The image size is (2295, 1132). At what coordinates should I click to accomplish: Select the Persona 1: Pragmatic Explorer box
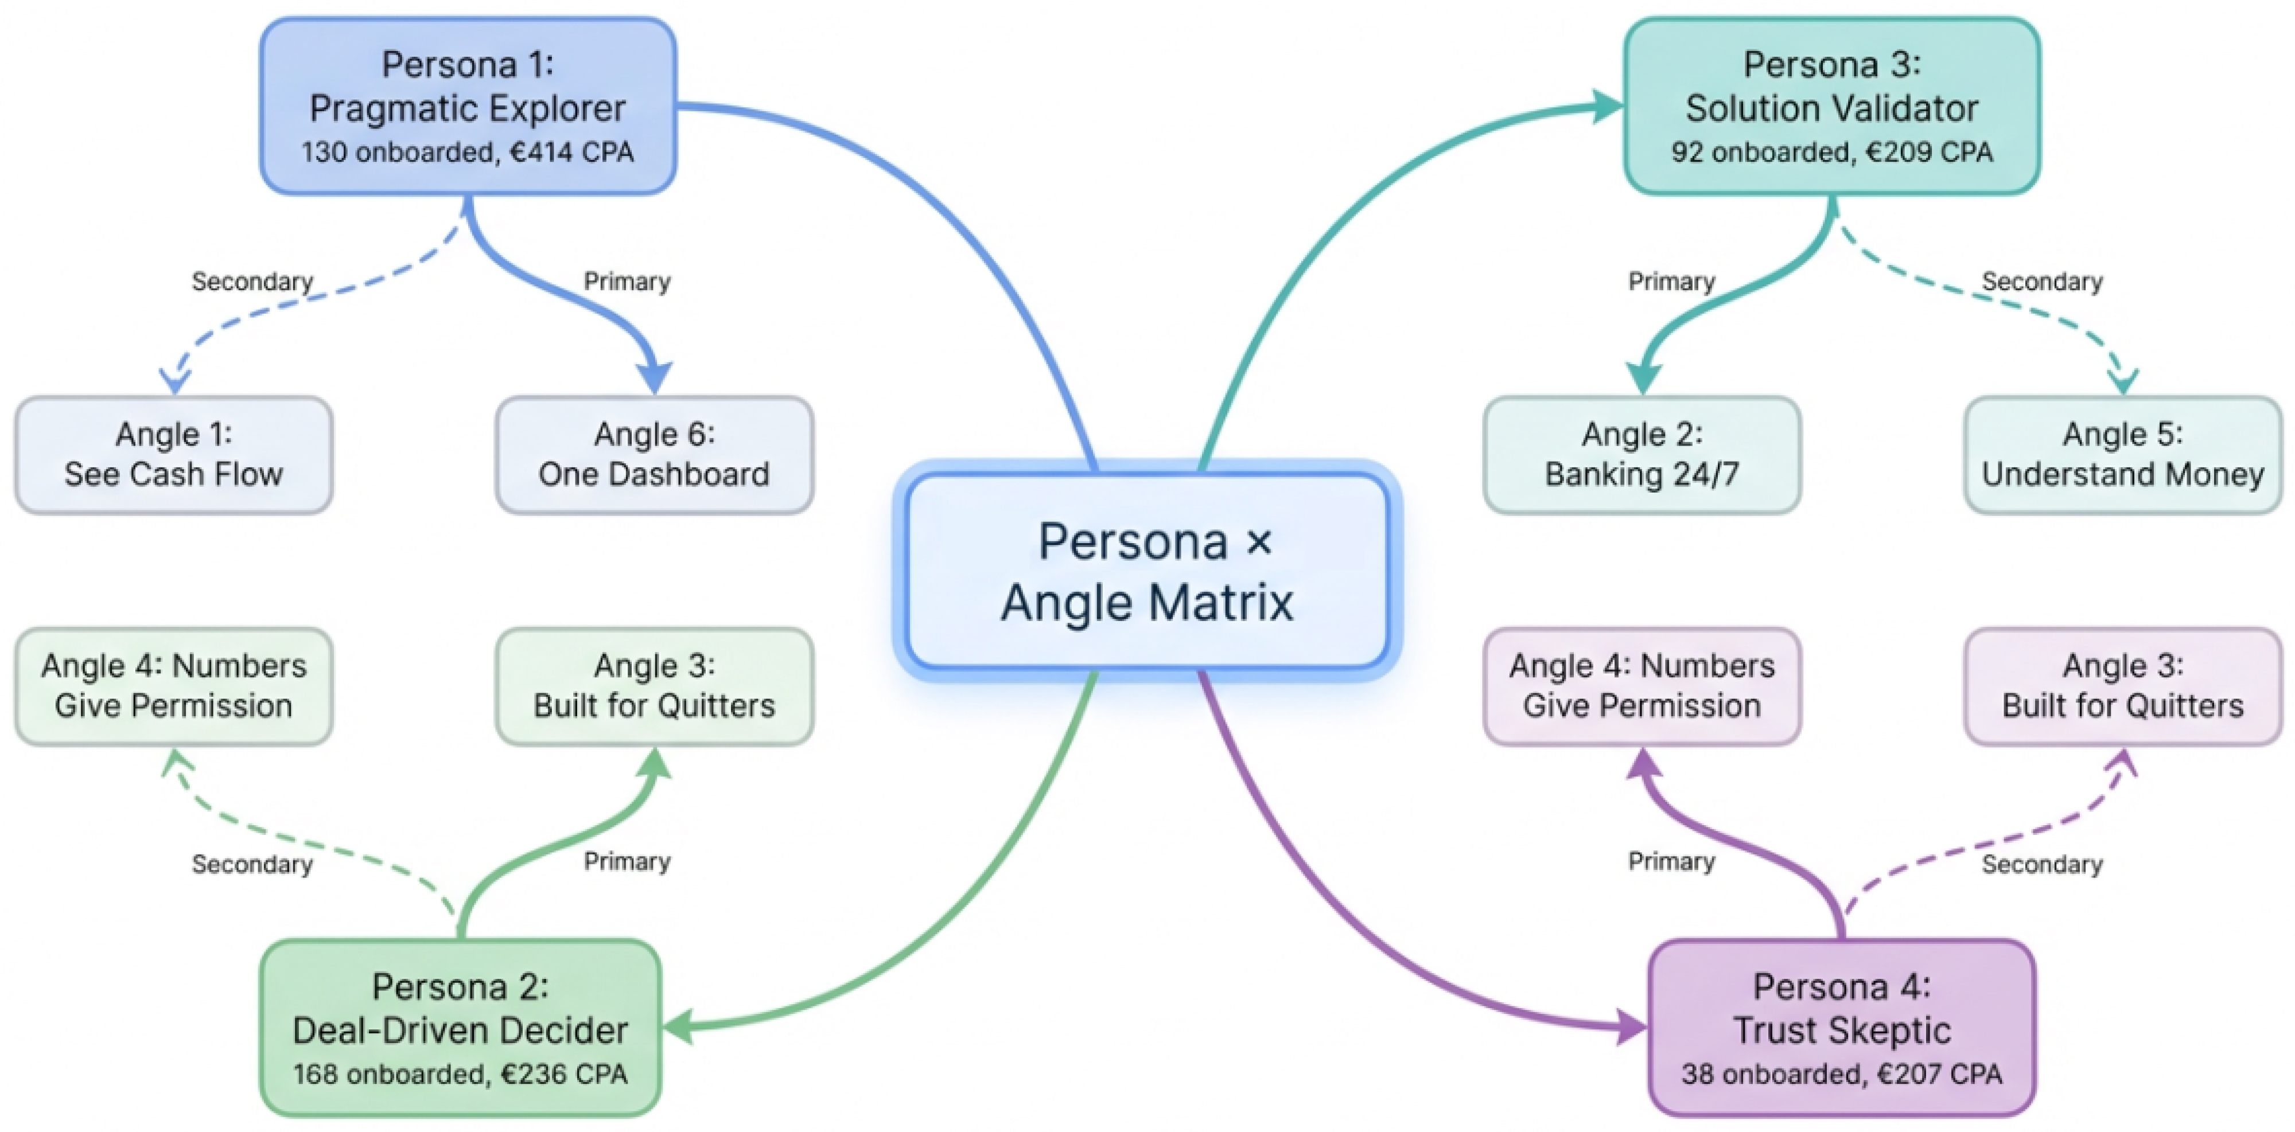click(x=468, y=106)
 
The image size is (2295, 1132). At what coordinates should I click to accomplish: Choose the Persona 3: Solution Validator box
click(x=1832, y=106)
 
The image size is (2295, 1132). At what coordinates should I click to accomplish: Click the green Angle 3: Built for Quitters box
click(x=654, y=686)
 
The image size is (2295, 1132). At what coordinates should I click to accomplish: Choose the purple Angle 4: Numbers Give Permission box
click(x=1642, y=686)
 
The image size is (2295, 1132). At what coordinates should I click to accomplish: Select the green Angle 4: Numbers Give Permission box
click(x=174, y=686)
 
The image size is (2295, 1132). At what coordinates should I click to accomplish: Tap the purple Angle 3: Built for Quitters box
click(x=2123, y=686)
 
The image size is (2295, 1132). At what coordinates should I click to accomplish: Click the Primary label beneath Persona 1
click(x=627, y=282)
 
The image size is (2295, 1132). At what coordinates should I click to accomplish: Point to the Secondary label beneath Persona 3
click(x=2042, y=282)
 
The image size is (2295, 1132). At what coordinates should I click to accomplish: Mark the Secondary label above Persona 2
click(x=252, y=864)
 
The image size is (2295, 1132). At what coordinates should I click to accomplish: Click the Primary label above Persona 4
click(x=1671, y=861)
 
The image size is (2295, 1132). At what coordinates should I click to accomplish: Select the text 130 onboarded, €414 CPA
click(x=468, y=153)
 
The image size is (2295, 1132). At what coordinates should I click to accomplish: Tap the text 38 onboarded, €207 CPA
click(x=1842, y=1074)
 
